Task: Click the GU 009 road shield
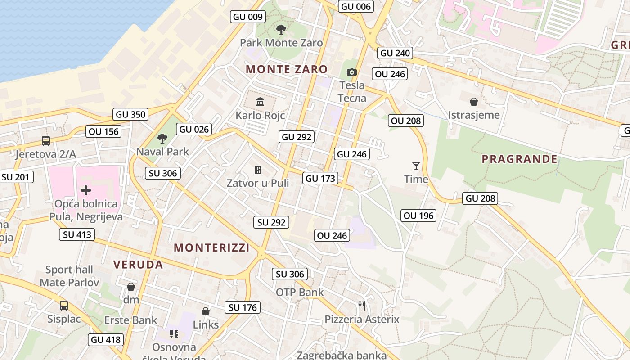point(248,17)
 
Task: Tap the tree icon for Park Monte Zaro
point(281,30)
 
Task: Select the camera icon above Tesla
point(352,72)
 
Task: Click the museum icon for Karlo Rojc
point(260,102)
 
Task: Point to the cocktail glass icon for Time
point(416,166)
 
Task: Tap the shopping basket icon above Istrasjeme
point(474,102)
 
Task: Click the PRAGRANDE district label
point(519,159)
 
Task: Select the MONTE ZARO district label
point(287,69)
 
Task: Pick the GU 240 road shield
point(395,53)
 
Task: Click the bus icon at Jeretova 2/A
point(46,141)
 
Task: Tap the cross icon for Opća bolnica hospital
point(85,190)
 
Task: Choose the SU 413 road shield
point(77,234)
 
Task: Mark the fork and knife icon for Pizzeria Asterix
point(362,306)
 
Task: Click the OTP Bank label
point(299,292)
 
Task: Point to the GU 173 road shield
point(320,178)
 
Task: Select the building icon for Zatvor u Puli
point(258,170)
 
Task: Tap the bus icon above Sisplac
point(64,306)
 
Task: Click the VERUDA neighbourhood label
point(138,265)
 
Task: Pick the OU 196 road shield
point(418,216)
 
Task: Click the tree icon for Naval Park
point(162,139)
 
